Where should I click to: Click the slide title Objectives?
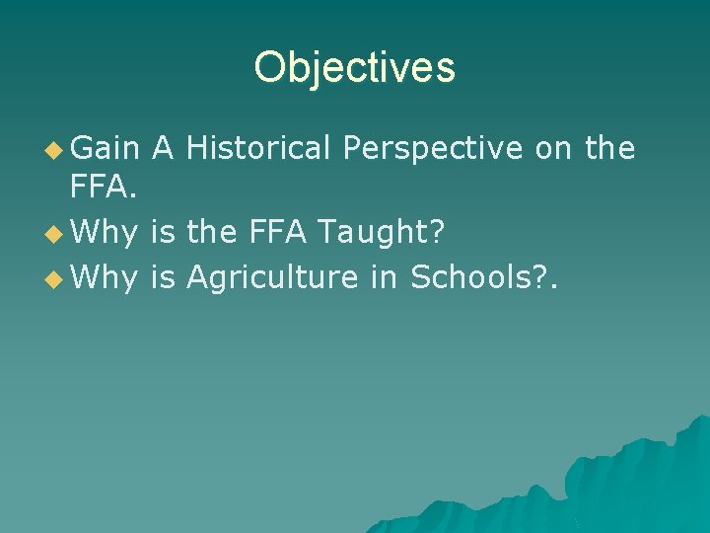pos(354,67)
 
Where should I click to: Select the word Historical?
pos(258,149)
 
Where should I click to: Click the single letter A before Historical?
pos(164,149)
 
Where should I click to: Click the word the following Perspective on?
pos(609,149)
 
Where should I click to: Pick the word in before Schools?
pos(385,278)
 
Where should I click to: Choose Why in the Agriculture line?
pos(106,279)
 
